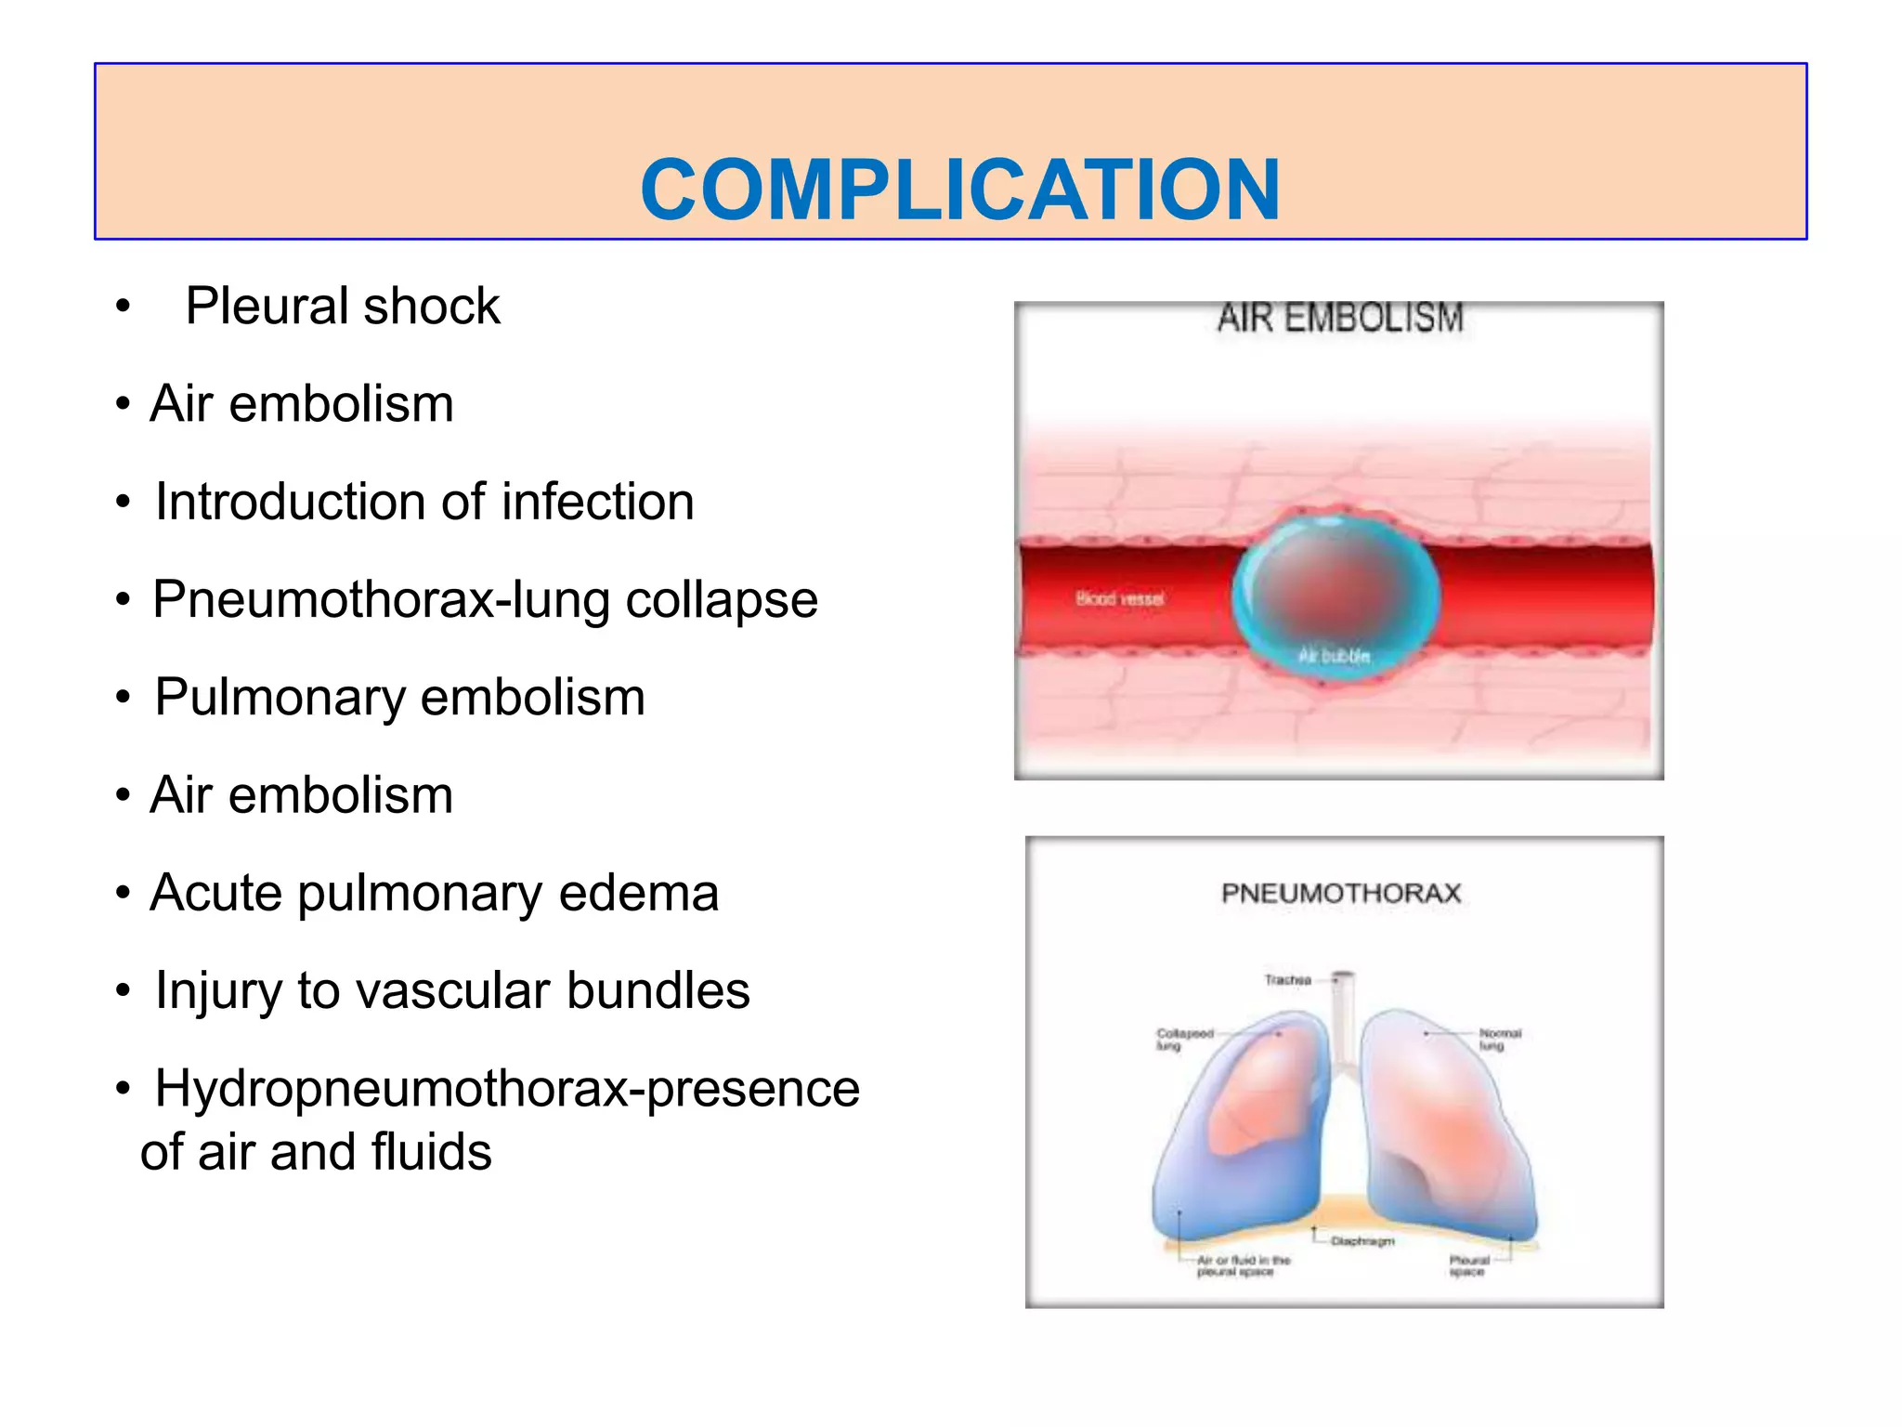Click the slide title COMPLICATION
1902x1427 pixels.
pos(960,190)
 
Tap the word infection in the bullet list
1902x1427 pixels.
pos(597,502)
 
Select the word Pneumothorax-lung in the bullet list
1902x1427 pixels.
pos(381,600)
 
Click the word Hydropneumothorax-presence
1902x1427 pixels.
pos(507,1089)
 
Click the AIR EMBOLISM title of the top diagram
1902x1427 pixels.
pos(1340,319)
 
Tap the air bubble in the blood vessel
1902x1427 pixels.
pos(1335,595)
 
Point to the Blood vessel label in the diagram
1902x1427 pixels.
pos(1119,599)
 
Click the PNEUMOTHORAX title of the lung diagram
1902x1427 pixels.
pos(1341,894)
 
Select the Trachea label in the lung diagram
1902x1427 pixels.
pos(1287,980)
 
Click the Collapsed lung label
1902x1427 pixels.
pos(1184,1039)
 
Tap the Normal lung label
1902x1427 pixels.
pos(1500,1039)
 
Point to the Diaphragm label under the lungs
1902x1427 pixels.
pos(1362,1241)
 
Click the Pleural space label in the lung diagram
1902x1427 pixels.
pos(1468,1265)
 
